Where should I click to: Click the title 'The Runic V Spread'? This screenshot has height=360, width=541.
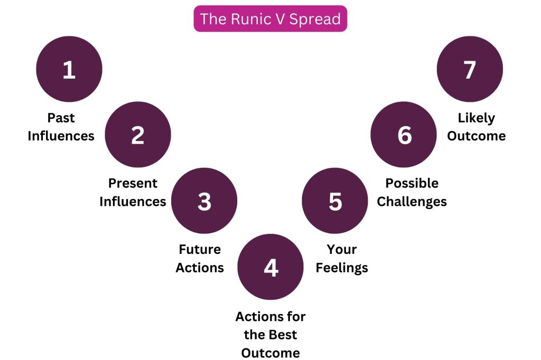270,19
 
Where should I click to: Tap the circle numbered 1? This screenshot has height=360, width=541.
69,69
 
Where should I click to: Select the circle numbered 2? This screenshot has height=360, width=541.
138,135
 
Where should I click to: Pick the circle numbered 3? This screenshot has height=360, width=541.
204,201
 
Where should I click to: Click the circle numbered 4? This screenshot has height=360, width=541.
270,267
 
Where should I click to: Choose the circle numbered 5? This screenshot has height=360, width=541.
335,201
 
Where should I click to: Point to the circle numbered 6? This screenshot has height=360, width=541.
404,135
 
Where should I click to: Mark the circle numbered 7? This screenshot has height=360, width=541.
470,69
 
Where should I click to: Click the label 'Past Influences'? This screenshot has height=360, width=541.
61,127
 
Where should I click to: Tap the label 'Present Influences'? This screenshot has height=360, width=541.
133,192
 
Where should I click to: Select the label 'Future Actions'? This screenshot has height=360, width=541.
200,258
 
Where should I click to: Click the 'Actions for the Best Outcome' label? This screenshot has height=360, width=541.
270,335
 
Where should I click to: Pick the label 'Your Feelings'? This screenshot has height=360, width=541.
342,258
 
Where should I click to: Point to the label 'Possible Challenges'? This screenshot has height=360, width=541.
412,192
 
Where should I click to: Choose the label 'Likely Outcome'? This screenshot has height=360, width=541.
477,127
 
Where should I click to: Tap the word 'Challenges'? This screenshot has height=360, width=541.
412,202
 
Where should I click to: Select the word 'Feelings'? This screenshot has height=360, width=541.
342,268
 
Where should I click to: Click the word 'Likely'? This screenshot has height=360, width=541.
477,117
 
